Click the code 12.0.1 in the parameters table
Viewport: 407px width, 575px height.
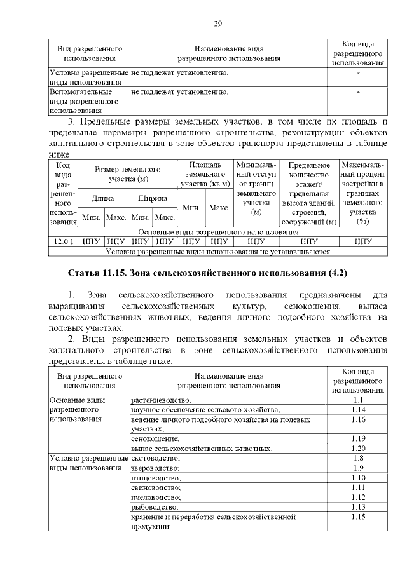[x=63, y=241]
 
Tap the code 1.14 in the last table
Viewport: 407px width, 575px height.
[x=357, y=410]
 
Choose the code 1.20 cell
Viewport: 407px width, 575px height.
[x=357, y=449]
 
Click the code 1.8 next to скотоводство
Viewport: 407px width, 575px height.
[x=357, y=458]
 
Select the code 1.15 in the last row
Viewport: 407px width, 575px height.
[x=357, y=517]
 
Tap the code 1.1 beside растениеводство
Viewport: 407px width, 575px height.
[x=357, y=400]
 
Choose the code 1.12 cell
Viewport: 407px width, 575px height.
[x=357, y=497]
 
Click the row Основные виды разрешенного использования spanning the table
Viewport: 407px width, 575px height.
[x=217, y=232]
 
